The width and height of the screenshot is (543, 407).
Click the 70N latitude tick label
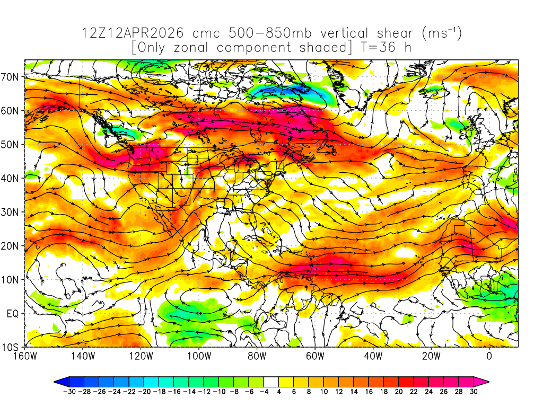coord(12,77)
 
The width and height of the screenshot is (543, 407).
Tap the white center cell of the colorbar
coord(271,381)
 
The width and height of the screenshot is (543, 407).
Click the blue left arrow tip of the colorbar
coord(57,381)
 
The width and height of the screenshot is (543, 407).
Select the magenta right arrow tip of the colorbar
coord(486,381)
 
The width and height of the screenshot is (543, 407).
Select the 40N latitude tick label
coord(12,178)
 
